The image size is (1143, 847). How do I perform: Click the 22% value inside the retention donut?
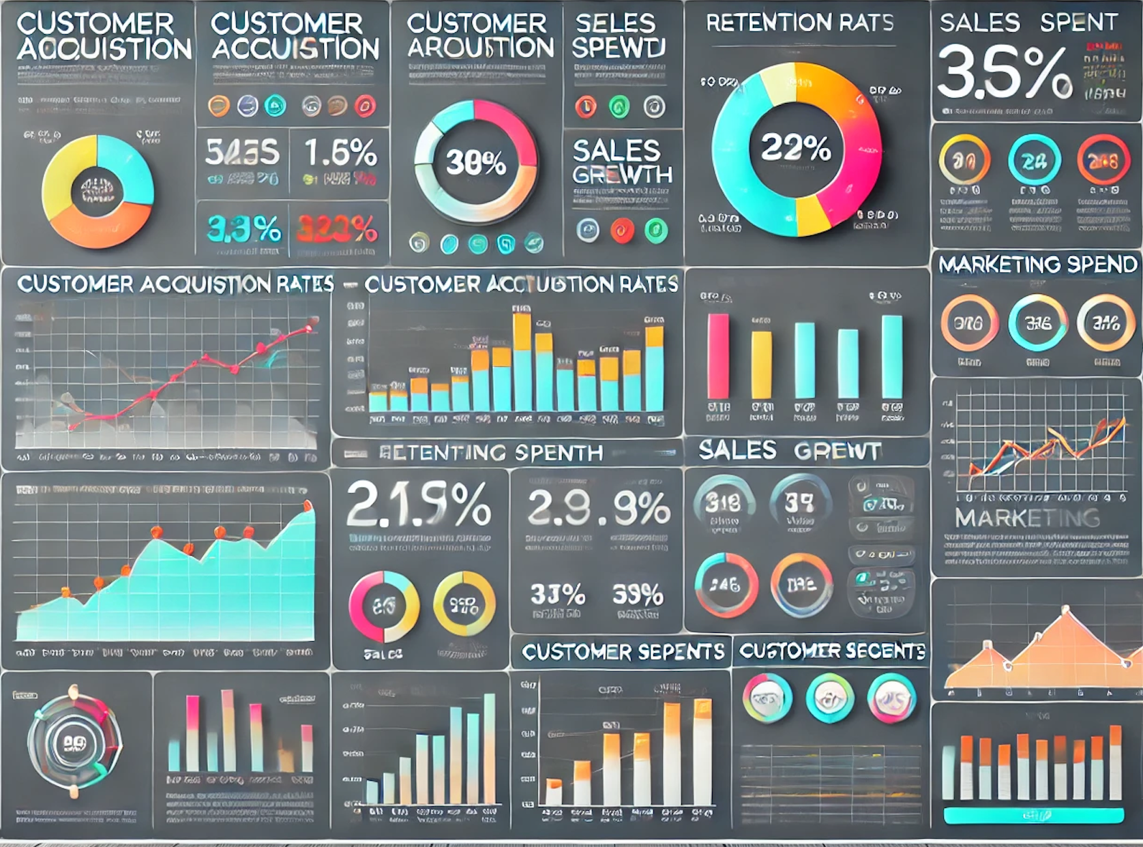pos(795,147)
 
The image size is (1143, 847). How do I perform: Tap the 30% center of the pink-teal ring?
pos(475,162)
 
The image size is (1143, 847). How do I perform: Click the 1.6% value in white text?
pos(340,153)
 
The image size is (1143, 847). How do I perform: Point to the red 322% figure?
pos(337,229)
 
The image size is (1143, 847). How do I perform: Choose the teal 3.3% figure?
pos(243,229)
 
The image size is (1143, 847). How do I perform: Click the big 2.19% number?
pos(418,505)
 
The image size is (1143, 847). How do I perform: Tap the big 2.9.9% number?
pos(598,508)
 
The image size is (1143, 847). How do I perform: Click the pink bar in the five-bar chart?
pos(717,356)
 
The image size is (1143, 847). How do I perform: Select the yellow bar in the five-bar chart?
pos(761,365)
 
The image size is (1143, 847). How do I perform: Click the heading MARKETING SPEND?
pos(1037,265)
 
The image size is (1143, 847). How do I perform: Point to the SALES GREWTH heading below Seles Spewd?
pos(621,162)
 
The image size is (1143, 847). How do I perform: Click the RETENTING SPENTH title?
pos(490,453)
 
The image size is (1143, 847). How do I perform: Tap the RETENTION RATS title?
pos(799,23)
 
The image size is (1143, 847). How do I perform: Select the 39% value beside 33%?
pos(637,595)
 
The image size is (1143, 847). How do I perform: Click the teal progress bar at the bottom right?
pos(1033,816)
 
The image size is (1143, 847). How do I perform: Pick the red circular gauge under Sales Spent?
pos(1103,161)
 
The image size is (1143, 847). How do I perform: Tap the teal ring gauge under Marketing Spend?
pos(1037,323)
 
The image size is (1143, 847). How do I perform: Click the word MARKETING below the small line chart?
pos(1027,518)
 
